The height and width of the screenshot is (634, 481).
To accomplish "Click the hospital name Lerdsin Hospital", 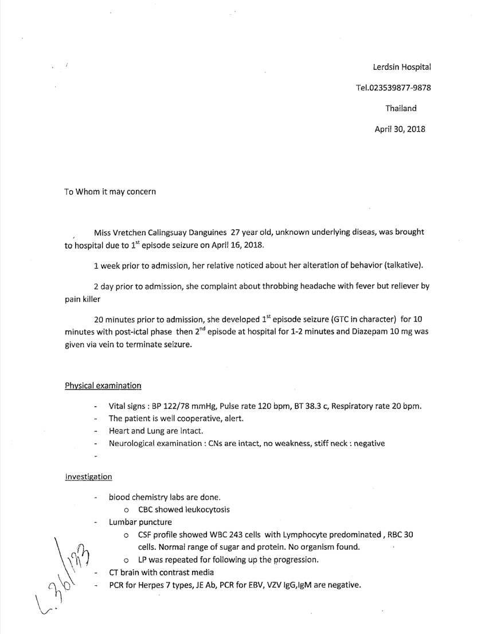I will (402, 68).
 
